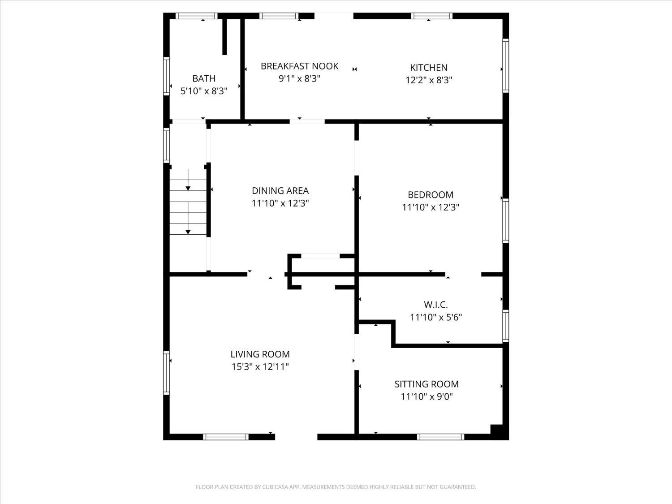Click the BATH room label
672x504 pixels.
[203, 78]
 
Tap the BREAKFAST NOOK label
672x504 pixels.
[299, 66]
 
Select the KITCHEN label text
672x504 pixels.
[429, 67]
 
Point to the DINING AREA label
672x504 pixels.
[280, 191]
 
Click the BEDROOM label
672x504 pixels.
[431, 194]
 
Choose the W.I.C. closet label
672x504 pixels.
[435, 305]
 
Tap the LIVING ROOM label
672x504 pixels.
[260, 354]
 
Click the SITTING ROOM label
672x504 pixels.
[426, 384]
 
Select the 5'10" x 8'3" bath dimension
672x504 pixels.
[203, 91]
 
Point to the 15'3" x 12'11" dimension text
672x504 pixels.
[260, 366]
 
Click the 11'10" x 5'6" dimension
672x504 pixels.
[435, 317]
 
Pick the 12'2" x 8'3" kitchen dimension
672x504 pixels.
[429, 80]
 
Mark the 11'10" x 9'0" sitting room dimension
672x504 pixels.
[426, 396]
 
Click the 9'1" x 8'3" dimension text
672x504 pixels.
[299, 79]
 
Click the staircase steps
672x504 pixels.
[188, 207]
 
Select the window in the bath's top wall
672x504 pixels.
[197, 16]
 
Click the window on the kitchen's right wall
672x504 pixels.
[505, 65]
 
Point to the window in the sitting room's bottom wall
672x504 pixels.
[440, 437]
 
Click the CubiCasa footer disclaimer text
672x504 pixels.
[336, 487]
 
